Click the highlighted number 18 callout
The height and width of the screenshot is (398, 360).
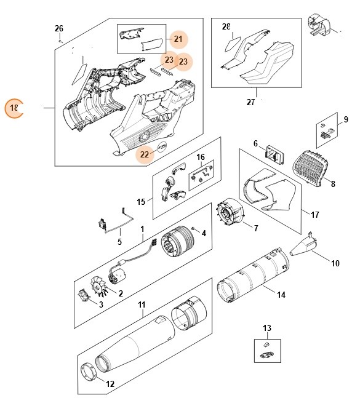(x=14, y=109)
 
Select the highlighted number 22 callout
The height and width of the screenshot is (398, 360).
(x=145, y=154)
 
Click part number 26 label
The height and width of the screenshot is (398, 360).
(x=59, y=29)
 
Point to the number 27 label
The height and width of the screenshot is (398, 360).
(x=250, y=102)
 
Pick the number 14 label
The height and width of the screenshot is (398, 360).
(x=281, y=295)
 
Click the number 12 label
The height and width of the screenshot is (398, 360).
(x=111, y=384)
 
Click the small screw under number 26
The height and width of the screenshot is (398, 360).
(x=60, y=39)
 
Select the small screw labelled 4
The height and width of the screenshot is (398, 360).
(x=194, y=229)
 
